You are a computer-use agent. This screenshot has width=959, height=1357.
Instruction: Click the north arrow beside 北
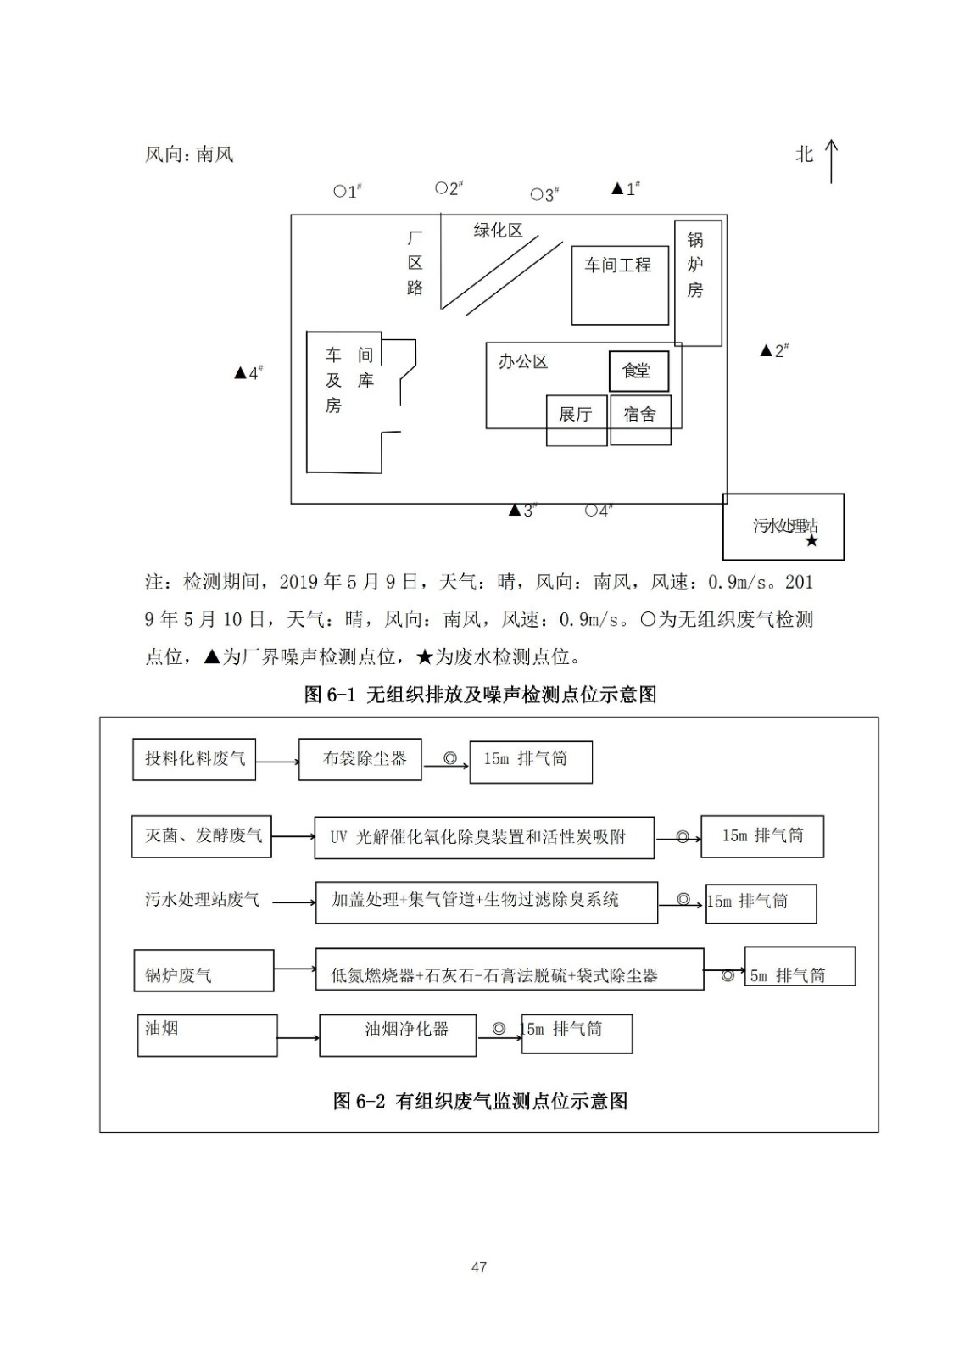pos(831,161)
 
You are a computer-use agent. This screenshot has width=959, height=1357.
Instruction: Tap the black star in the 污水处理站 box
pos(811,540)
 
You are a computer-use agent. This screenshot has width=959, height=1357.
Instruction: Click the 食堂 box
pos(638,371)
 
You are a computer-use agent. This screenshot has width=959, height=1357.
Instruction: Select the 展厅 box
pos(576,415)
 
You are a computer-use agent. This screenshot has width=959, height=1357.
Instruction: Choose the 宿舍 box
pos(640,415)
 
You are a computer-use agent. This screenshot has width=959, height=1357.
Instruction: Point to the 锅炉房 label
pos(695,265)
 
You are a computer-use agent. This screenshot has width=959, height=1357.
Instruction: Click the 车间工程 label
pos(618,265)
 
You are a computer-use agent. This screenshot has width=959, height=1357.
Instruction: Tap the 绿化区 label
pos(498,231)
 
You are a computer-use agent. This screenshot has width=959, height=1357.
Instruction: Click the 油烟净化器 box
pos(398,1034)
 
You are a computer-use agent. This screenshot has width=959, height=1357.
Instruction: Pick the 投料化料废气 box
pos(194,759)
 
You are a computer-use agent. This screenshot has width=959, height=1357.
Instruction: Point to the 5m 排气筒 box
pos(800,966)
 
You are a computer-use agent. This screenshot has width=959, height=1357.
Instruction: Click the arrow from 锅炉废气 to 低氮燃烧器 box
pos(294,969)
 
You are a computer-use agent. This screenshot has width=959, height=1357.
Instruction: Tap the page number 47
pos(479,1267)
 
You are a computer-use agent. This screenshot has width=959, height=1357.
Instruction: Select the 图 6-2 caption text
pos(480,1101)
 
